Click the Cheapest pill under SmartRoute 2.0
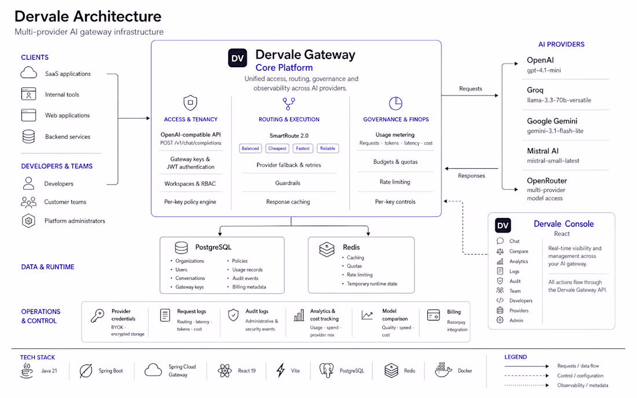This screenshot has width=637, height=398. coord(277,149)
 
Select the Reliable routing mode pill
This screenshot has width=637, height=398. coord(327,149)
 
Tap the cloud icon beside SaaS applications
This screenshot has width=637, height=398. coord(28,73)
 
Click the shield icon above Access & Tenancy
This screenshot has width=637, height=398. coord(190,102)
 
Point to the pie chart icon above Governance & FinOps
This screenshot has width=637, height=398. coord(396,104)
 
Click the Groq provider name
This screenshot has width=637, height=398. coord(535,90)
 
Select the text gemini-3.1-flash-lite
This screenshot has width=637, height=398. coord(555,131)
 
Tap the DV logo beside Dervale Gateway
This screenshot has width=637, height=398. coord(237,58)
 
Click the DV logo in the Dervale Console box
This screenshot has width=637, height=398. coord(503,226)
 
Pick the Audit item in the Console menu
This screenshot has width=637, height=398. coord(515,281)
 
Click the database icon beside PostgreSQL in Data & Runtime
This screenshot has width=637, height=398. coord(181,248)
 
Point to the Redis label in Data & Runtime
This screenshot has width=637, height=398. coord(351,247)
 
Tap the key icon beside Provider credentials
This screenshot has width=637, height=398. coord(97,316)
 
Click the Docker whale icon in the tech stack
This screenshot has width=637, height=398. coord(443,370)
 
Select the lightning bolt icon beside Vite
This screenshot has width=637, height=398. coord(281,370)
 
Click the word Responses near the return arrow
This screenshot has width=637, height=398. coord(471,176)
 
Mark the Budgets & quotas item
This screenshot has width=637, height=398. coord(396,162)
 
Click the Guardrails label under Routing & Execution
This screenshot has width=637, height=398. coord(288,183)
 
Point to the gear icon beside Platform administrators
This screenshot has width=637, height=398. coord(28,221)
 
